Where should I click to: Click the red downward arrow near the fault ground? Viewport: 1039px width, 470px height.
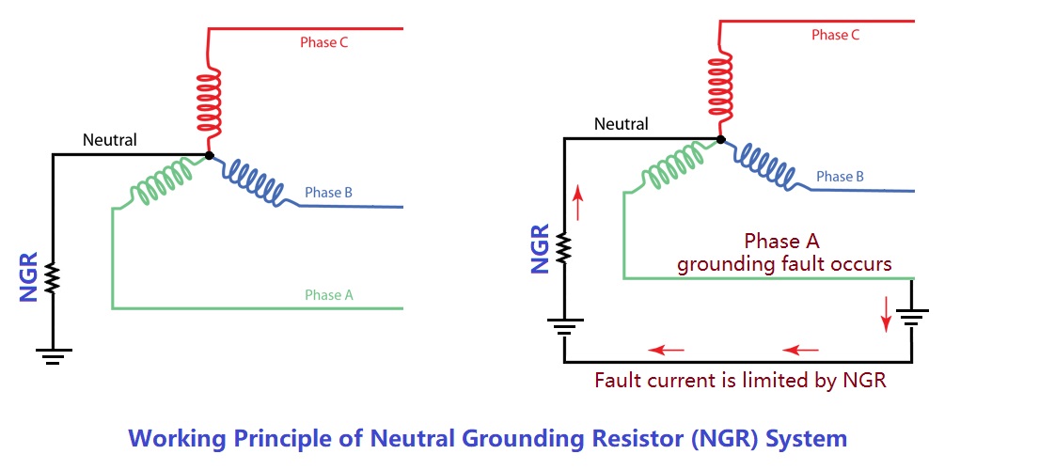(885, 315)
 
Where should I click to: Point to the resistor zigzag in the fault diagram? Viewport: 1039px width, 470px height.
(563, 247)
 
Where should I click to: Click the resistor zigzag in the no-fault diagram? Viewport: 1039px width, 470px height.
(53, 278)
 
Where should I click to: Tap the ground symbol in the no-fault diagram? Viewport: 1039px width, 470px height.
(53, 354)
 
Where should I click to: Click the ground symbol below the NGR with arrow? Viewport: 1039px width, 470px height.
(563, 328)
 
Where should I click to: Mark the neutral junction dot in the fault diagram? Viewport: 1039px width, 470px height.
(720, 139)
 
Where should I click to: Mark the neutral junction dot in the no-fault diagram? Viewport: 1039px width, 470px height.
(209, 154)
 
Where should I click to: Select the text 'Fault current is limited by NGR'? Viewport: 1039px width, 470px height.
(740, 381)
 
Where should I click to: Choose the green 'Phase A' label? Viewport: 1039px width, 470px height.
(328, 294)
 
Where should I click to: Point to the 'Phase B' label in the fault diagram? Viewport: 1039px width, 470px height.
(840, 176)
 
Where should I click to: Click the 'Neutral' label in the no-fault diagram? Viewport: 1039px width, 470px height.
(109, 140)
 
